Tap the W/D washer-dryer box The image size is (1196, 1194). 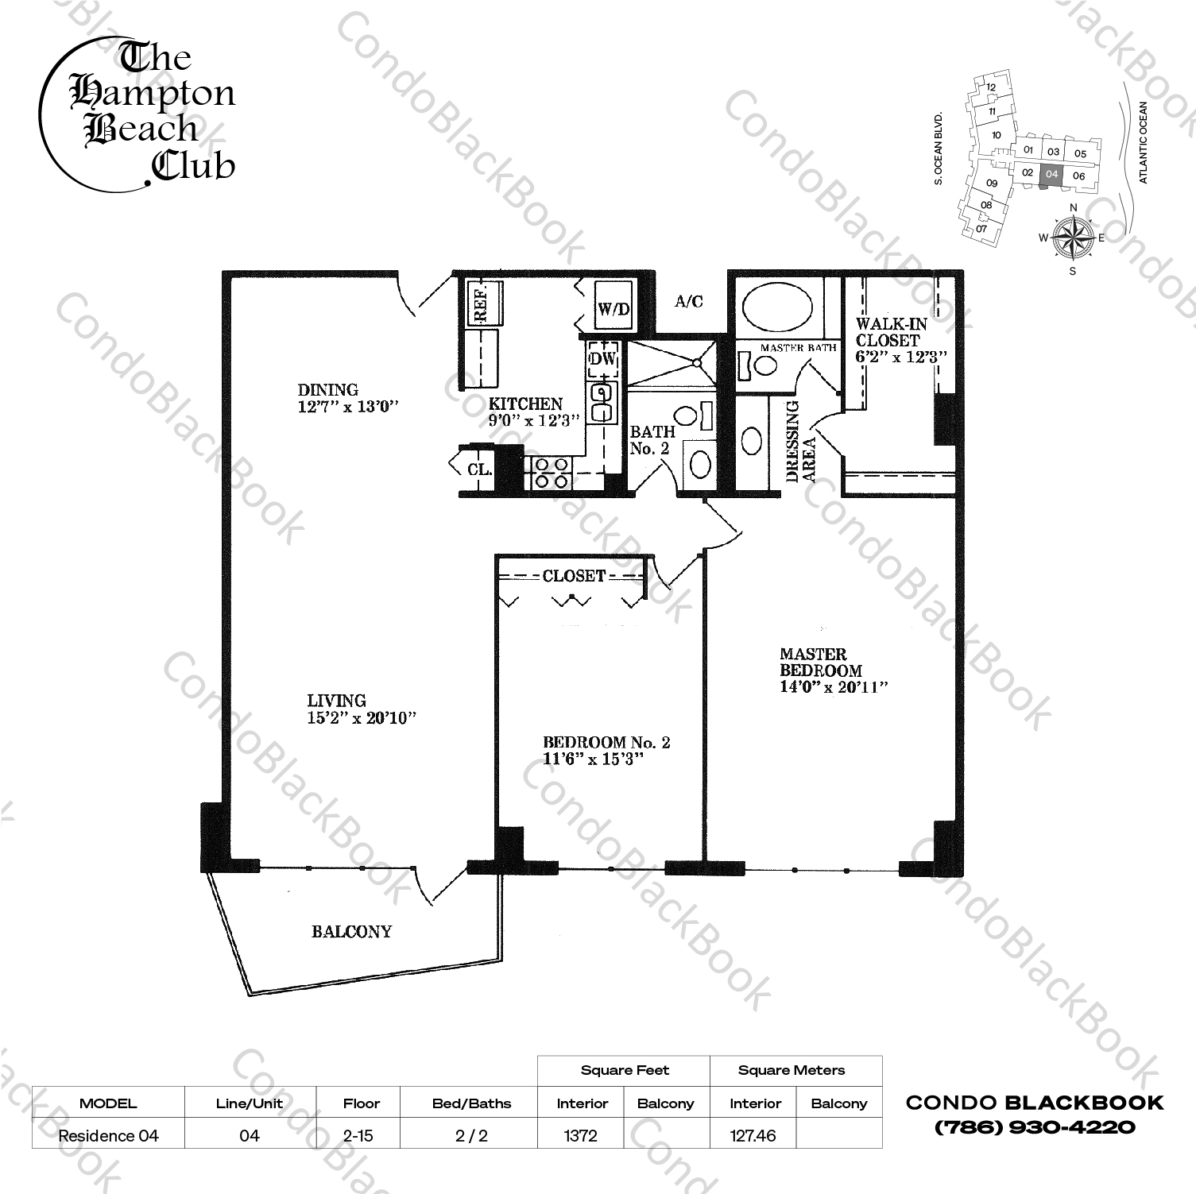point(614,306)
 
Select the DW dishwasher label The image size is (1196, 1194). point(603,359)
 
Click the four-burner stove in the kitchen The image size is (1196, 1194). point(552,472)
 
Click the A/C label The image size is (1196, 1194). point(688,302)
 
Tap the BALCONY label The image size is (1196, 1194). point(351,931)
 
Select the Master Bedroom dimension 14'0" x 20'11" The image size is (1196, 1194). point(834,687)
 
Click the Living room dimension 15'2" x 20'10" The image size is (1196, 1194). point(362,718)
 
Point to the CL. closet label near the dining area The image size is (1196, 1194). point(479,469)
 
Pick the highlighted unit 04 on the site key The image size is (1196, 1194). point(1051,174)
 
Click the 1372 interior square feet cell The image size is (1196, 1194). point(581,1135)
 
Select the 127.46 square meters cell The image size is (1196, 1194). point(753,1135)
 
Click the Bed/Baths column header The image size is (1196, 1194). point(471,1103)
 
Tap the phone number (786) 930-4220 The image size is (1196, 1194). point(1035,1126)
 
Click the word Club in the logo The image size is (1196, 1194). point(193,164)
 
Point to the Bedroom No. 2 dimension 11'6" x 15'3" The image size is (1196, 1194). point(593,759)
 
